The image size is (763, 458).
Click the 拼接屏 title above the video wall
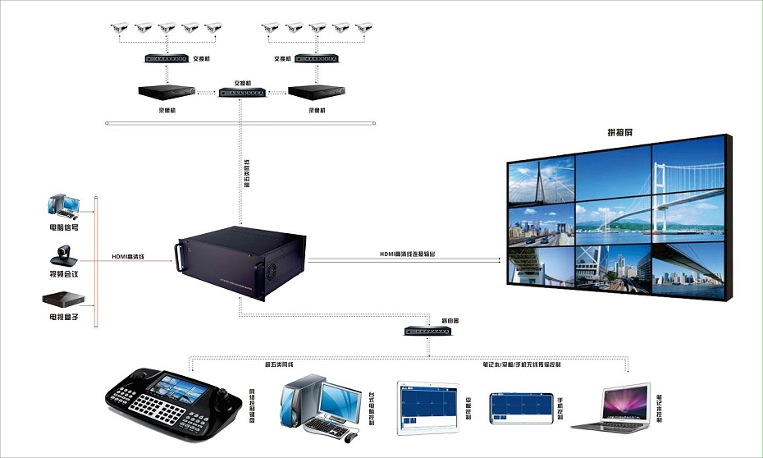(x=619, y=133)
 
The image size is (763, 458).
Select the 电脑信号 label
(x=63, y=227)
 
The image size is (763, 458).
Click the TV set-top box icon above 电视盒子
(x=63, y=299)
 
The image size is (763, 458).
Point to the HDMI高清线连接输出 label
(x=408, y=255)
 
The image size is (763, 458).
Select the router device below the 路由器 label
(x=429, y=332)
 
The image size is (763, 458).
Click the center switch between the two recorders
(x=241, y=94)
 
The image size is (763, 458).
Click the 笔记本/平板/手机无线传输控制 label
(x=522, y=363)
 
